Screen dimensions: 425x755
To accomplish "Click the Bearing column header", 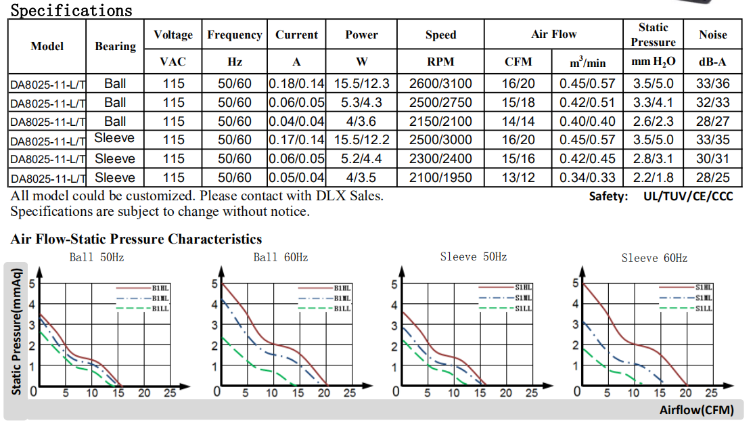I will [x=115, y=46].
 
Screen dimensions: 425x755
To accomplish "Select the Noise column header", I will [x=713, y=35].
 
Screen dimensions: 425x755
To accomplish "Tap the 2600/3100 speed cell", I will [x=440, y=84].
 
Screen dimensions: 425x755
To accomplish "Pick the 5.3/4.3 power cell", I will [x=362, y=103].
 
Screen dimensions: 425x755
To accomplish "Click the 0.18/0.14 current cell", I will [x=296, y=84].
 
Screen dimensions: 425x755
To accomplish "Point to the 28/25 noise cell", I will [x=713, y=178].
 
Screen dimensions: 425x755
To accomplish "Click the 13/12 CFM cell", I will [x=518, y=178].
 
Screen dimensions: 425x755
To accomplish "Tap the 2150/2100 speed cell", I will [x=440, y=122].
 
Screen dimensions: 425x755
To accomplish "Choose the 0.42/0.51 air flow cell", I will [x=587, y=103].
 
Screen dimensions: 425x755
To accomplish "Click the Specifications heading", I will [x=72, y=10].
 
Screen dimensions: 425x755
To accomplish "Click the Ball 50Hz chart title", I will [x=97, y=258].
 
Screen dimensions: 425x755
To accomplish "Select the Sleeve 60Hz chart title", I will [x=654, y=258].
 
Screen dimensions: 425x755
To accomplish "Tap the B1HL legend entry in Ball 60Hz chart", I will [x=341, y=288].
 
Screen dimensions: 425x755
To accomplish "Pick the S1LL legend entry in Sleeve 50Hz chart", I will [x=523, y=309].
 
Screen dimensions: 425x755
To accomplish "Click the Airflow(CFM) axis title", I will [x=696, y=410].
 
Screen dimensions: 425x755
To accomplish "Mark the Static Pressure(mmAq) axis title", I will [x=17, y=332].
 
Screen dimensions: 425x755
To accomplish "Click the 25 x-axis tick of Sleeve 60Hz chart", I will [x=711, y=393].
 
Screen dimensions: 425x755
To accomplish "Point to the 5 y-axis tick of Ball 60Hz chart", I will [x=214, y=284].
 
